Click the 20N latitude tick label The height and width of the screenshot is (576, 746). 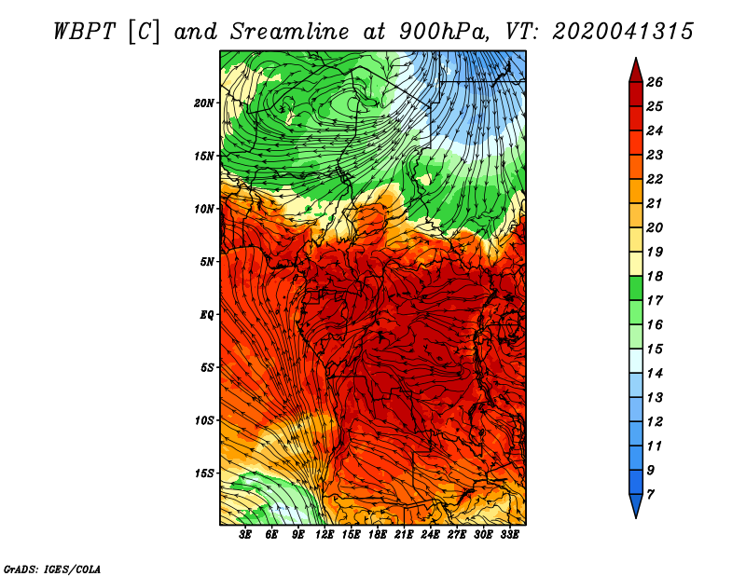point(203,103)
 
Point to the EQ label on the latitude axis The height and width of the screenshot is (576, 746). point(207,315)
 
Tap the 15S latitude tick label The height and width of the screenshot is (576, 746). point(204,473)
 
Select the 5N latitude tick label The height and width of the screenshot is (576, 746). point(207,262)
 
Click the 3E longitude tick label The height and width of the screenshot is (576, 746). point(245,535)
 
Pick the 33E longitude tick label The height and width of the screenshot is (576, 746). point(509,535)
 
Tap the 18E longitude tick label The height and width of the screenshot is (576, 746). point(378,535)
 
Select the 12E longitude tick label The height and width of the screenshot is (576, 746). point(325,535)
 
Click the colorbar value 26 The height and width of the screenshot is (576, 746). point(655,82)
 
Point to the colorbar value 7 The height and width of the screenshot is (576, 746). point(650,495)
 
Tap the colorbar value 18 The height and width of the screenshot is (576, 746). point(655,276)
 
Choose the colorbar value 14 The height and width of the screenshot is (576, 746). point(655,374)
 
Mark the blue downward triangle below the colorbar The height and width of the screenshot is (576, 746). point(636,504)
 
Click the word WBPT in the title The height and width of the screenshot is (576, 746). point(84,32)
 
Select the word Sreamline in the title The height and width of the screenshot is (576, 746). point(290,32)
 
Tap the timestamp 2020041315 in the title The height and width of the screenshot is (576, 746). point(623,32)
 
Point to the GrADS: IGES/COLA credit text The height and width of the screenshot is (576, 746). point(52,569)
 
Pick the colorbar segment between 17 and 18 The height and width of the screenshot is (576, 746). point(636,288)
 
